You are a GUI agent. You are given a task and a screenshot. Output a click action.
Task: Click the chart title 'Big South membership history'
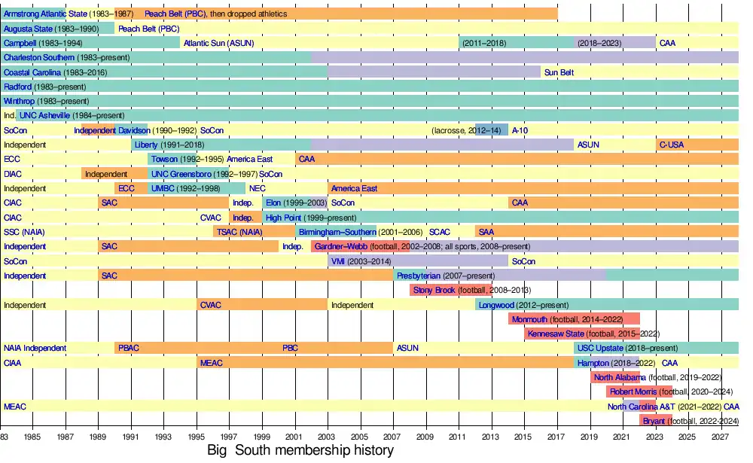pos(300,451)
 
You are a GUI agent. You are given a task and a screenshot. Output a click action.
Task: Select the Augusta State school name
pos(28,29)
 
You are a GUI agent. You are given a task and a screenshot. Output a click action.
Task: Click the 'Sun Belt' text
pos(559,72)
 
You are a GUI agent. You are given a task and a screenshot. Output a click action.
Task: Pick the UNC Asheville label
pos(44,115)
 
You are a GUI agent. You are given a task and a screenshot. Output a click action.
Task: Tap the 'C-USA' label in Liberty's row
pos(671,145)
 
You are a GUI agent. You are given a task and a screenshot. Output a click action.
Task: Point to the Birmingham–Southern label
pos(336,232)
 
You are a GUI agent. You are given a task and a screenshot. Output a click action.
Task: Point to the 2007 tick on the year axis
pos(392,436)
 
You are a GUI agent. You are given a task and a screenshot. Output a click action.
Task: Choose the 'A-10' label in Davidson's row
pos(520,130)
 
